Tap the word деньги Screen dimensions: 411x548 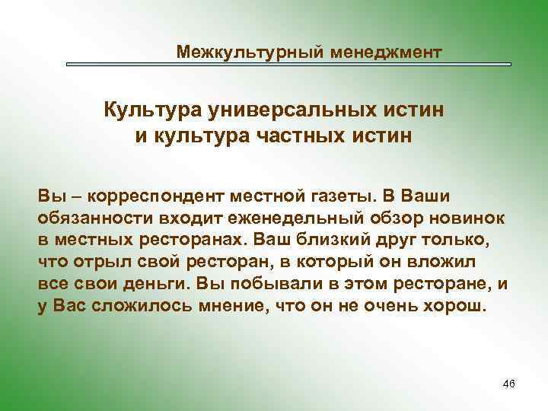pyautogui.click(x=156, y=285)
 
